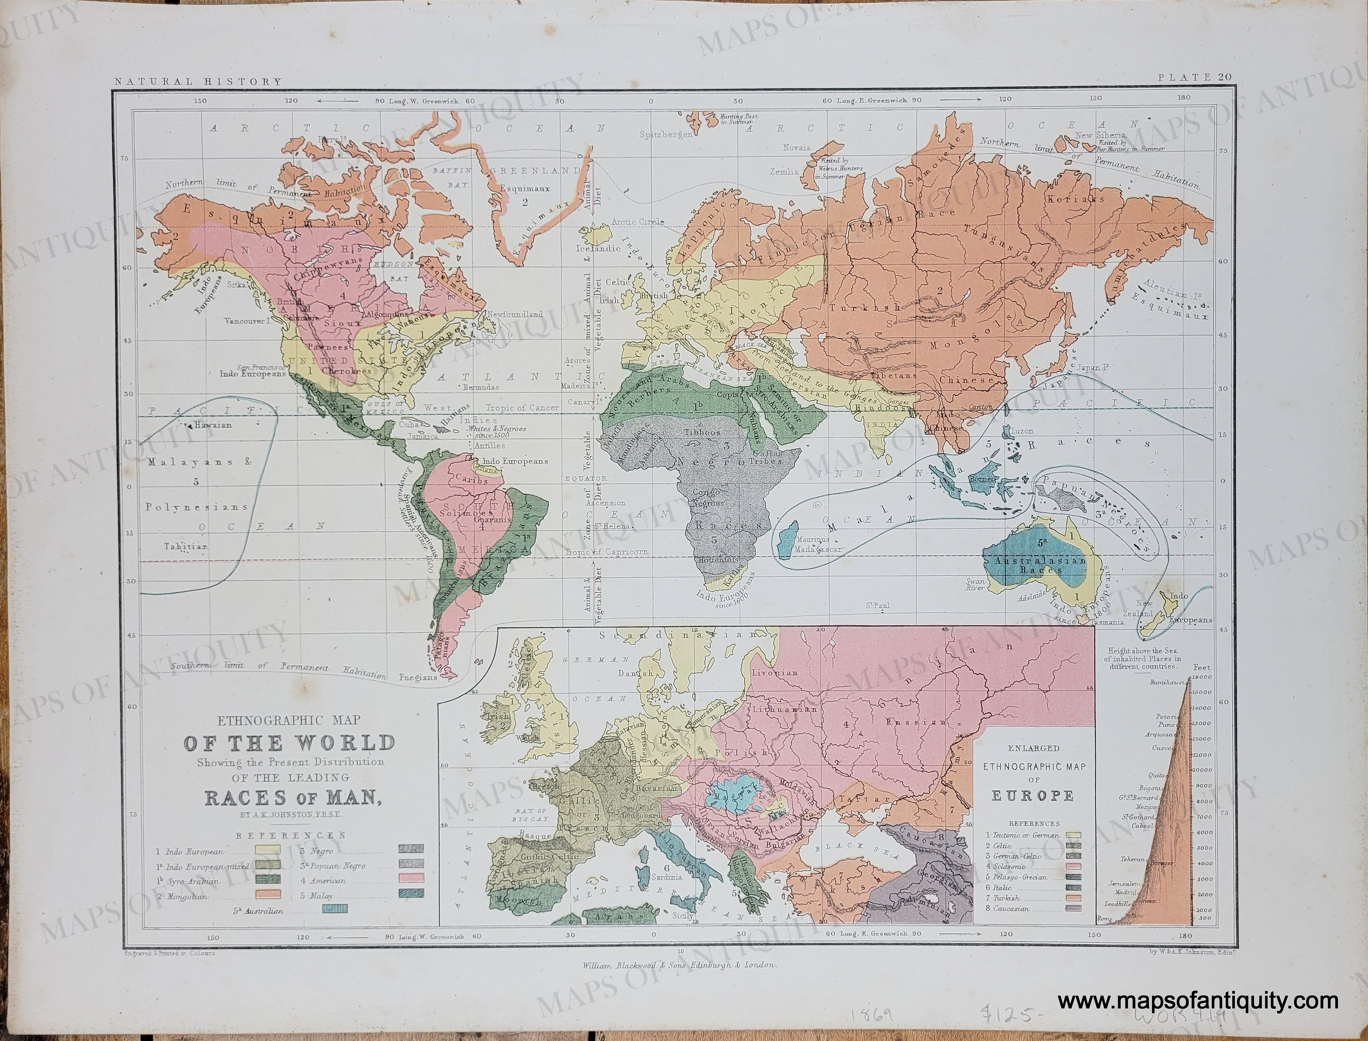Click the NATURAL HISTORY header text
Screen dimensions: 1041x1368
196,81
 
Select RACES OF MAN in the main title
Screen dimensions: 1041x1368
292,797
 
